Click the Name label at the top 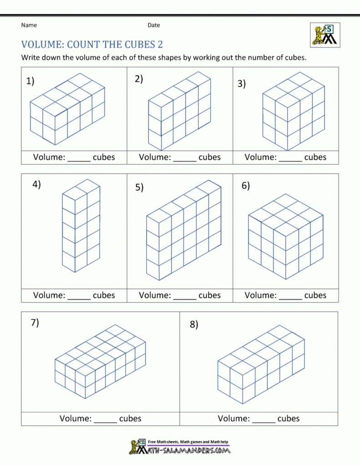[29, 25]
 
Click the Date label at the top [153, 25]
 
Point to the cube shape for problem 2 [179, 111]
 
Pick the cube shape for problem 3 [293, 111]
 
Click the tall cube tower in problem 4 [81, 226]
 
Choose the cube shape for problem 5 [183, 230]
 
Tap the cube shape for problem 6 [286, 237]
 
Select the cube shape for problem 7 [101, 362]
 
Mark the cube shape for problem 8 [260, 364]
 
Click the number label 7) [35, 323]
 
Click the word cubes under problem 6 [315, 295]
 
